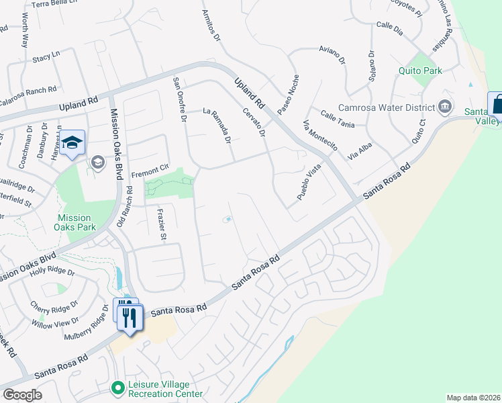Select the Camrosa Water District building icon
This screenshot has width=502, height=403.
click(x=445, y=106)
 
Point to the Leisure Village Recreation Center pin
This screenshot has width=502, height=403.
click(x=118, y=388)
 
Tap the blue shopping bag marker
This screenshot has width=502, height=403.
click(x=497, y=105)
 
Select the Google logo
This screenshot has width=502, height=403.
click(x=22, y=394)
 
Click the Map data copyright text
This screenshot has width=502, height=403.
click(x=473, y=397)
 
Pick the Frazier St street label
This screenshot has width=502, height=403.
click(x=160, y=224)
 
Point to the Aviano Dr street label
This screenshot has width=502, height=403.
click(x=332, y=55)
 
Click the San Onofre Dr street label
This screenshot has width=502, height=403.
click(x=179, y=101)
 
